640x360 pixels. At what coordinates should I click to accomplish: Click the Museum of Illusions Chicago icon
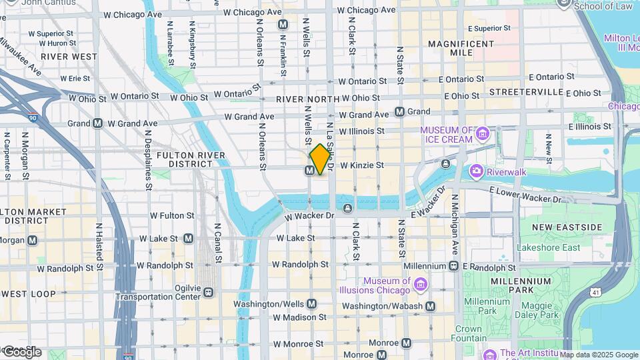click(421, 285)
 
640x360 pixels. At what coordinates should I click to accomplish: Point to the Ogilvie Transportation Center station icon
click(209, 292)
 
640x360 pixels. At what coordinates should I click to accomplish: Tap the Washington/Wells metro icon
click(312, 303)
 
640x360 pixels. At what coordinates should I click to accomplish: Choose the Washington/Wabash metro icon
click(430, 306)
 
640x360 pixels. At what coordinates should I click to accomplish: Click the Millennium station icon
click(453, 266)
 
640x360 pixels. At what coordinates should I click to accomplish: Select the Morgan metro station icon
click(32, 240)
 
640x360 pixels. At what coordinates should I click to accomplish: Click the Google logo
click(21, 351)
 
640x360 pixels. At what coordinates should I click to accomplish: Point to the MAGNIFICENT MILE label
click(460, 48)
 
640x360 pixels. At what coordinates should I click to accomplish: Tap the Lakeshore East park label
click(548, 247)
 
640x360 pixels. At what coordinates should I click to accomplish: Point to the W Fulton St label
click(172, 215)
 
